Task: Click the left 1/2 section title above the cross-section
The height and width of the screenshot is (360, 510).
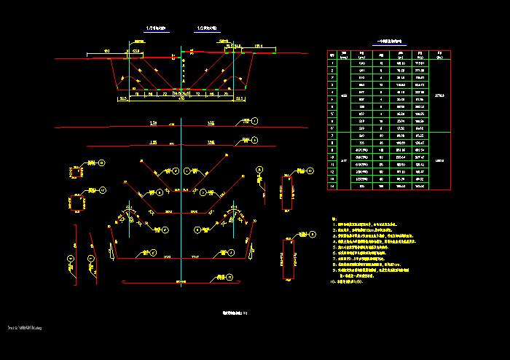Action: click(156, 28)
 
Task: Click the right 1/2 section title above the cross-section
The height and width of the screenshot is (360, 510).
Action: click(207, 28)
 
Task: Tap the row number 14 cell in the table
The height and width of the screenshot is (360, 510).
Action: click(333, 187)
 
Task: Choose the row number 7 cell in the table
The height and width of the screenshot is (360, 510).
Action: click(333, 135)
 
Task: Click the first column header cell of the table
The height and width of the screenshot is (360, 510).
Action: click(333, 54)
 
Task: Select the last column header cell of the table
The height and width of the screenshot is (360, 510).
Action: click(440, 54)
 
